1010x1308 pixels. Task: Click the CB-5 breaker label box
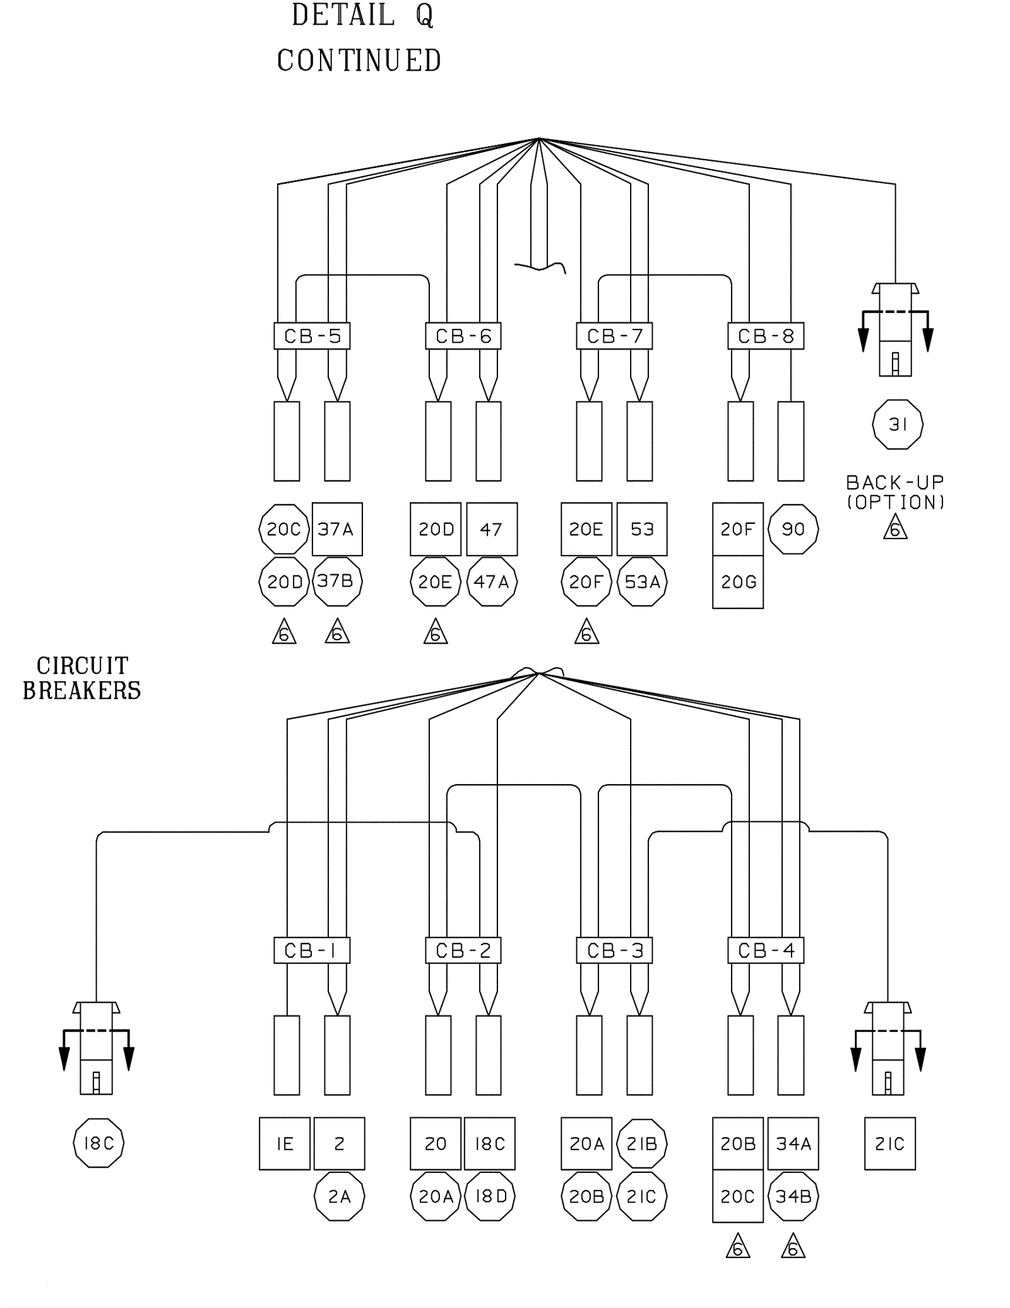point(312,336)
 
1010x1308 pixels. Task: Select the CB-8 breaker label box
point(766,336)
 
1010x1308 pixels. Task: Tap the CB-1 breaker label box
point(312,950)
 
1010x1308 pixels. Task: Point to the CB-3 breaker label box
point(614,950)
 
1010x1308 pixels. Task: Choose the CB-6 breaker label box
point(463,336)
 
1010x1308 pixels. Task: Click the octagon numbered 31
point(898,424)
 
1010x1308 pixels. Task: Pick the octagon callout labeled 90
point(793,529)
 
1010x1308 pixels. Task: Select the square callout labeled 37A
point(337,529)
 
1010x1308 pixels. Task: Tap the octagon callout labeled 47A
point(492,581)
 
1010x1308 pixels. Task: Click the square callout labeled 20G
point(738,582)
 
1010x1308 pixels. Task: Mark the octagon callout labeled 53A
point(642,581)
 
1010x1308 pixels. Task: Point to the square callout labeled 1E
point(285,1144)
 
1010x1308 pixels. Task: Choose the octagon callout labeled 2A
point(340,1196)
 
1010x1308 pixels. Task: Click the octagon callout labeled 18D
point(490,1196)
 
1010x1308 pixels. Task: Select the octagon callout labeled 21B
point(642,1144)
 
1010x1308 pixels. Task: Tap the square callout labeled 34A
point(793,1144)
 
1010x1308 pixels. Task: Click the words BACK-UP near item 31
point(895,483)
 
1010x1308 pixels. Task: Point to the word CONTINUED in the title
point(359,61)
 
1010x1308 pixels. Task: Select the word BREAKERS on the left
point(82,691)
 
